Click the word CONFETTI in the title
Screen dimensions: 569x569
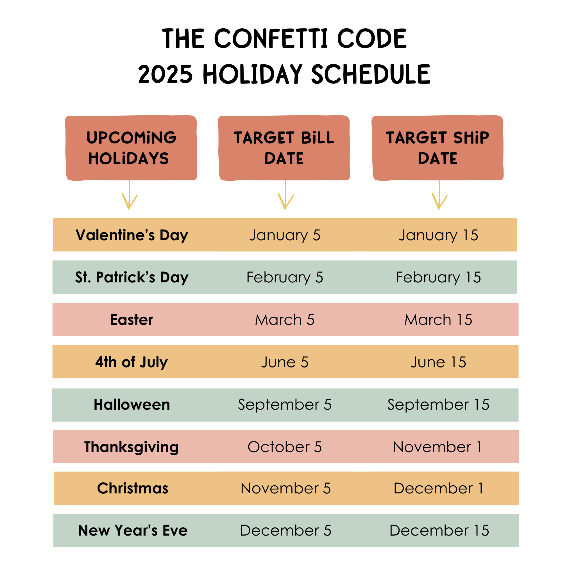[271, 38]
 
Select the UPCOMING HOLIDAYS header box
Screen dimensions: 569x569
[131, 148]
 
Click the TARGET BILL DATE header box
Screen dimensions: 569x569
[284, 148]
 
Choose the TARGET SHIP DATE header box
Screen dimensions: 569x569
[438, 148]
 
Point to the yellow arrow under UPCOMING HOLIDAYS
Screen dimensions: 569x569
[129, 195]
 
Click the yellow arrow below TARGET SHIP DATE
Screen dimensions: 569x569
[439, 195]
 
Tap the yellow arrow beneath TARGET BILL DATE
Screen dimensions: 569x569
[285, 195]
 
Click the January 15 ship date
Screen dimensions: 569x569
[439, 235]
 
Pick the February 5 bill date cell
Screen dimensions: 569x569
[285, 277]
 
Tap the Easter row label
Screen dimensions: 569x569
[132, 319]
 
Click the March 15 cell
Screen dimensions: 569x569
[438, 319]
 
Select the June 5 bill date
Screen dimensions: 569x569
[285, 362]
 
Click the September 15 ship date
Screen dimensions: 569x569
[438, 405]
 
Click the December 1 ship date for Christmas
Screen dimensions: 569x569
[438, 488]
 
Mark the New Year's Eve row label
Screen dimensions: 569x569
[133, 531]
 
